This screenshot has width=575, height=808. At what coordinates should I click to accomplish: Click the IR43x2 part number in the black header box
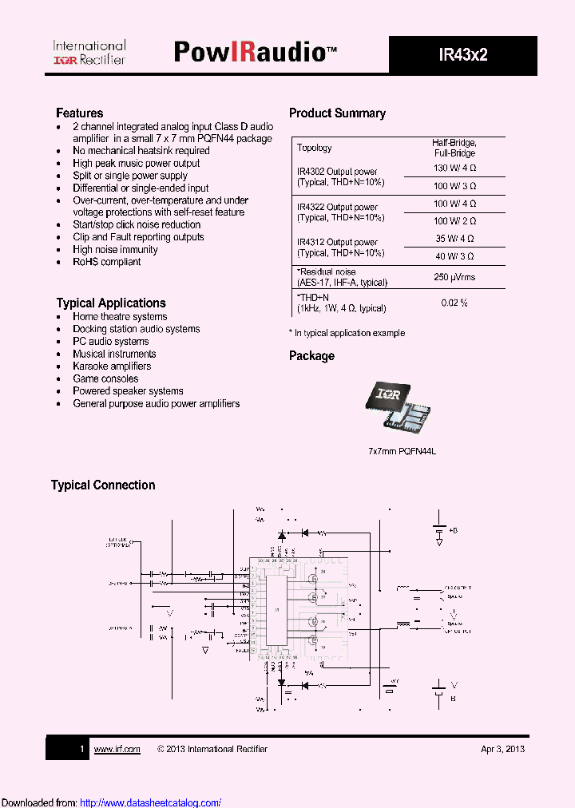[462, 55]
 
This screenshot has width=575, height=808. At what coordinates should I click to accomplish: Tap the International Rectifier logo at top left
[89, 53]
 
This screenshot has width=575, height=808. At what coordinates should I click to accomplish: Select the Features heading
[79, 113]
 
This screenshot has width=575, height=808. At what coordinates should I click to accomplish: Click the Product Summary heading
[337, 113]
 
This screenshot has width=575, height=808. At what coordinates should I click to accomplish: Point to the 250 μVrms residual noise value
[454, 277]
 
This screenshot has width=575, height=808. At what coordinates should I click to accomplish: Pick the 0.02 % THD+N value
[454, 303]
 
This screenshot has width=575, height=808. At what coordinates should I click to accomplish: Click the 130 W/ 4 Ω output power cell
[454, 168]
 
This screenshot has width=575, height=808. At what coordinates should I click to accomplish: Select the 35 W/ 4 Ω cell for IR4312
[454, 239]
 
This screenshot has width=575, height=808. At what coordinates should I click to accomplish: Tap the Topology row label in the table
[314, 148]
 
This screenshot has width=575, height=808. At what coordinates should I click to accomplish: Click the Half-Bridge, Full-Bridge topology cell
[454, 147]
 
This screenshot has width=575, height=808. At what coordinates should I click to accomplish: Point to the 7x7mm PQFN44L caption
[402, 451]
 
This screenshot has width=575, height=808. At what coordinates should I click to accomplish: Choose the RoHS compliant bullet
[106, 262]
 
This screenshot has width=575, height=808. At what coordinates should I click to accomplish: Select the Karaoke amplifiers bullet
[112, 366]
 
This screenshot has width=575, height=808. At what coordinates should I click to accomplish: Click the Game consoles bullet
[105, 378]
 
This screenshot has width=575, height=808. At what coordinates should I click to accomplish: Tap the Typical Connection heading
[103, 485]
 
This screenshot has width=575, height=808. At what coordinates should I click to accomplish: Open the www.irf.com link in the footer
[117, 749]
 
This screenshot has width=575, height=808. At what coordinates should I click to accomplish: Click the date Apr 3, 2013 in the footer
[502, 749]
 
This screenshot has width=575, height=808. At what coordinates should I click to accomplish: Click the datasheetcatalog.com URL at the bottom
[151, 802]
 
